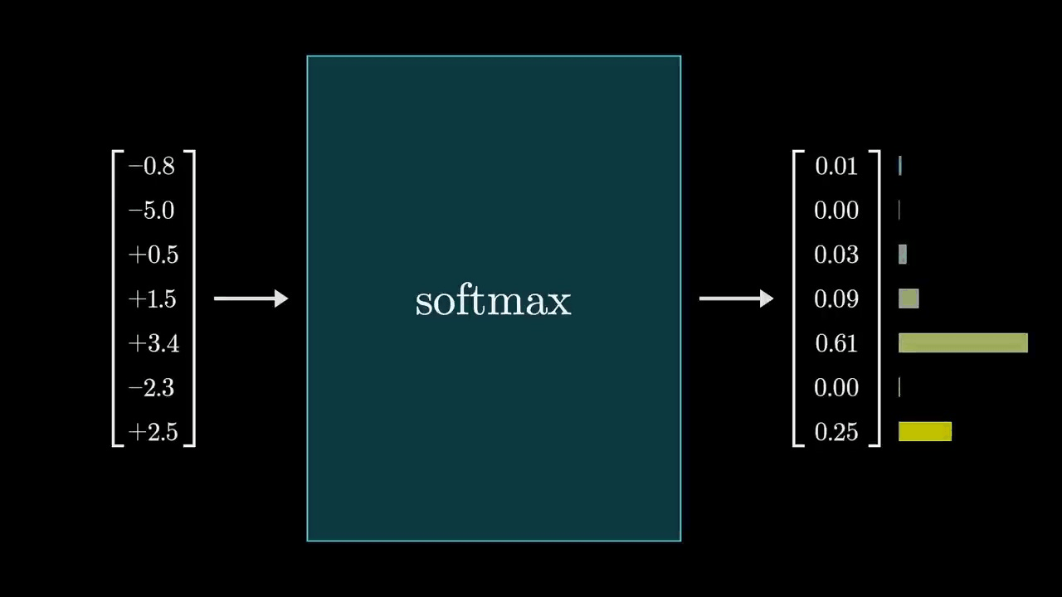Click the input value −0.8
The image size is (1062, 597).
[x=152, y=167]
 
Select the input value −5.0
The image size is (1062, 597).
[x=152, y=211]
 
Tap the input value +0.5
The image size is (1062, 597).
[x=153, y=255]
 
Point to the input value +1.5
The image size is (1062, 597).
[x=153, y=299]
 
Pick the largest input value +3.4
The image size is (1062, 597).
[x=153, y=343]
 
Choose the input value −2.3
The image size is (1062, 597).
[x=152, y=388]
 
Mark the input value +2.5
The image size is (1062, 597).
[x=153, y=432]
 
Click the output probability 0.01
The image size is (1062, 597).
[x=836, y=167]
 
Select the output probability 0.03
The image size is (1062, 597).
[x=836, y=255]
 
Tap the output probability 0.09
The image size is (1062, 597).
[x=836, y=299]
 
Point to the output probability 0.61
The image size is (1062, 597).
[x=836, y=343]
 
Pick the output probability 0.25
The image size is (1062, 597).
[x=836, y=432]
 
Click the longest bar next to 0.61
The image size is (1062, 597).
[x=962, y=343]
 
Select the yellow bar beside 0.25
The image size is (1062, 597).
[x=925, y=431]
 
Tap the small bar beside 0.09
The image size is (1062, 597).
[x=909, y=298]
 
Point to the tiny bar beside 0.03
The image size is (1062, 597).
[x=903, y=255]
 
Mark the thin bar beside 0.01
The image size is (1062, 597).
[x=900, y=167]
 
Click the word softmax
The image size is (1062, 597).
[x=493, y=300]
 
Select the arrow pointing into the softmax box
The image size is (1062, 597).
[x=251, y=298]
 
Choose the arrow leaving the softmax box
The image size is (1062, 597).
[x=736, y=298]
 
